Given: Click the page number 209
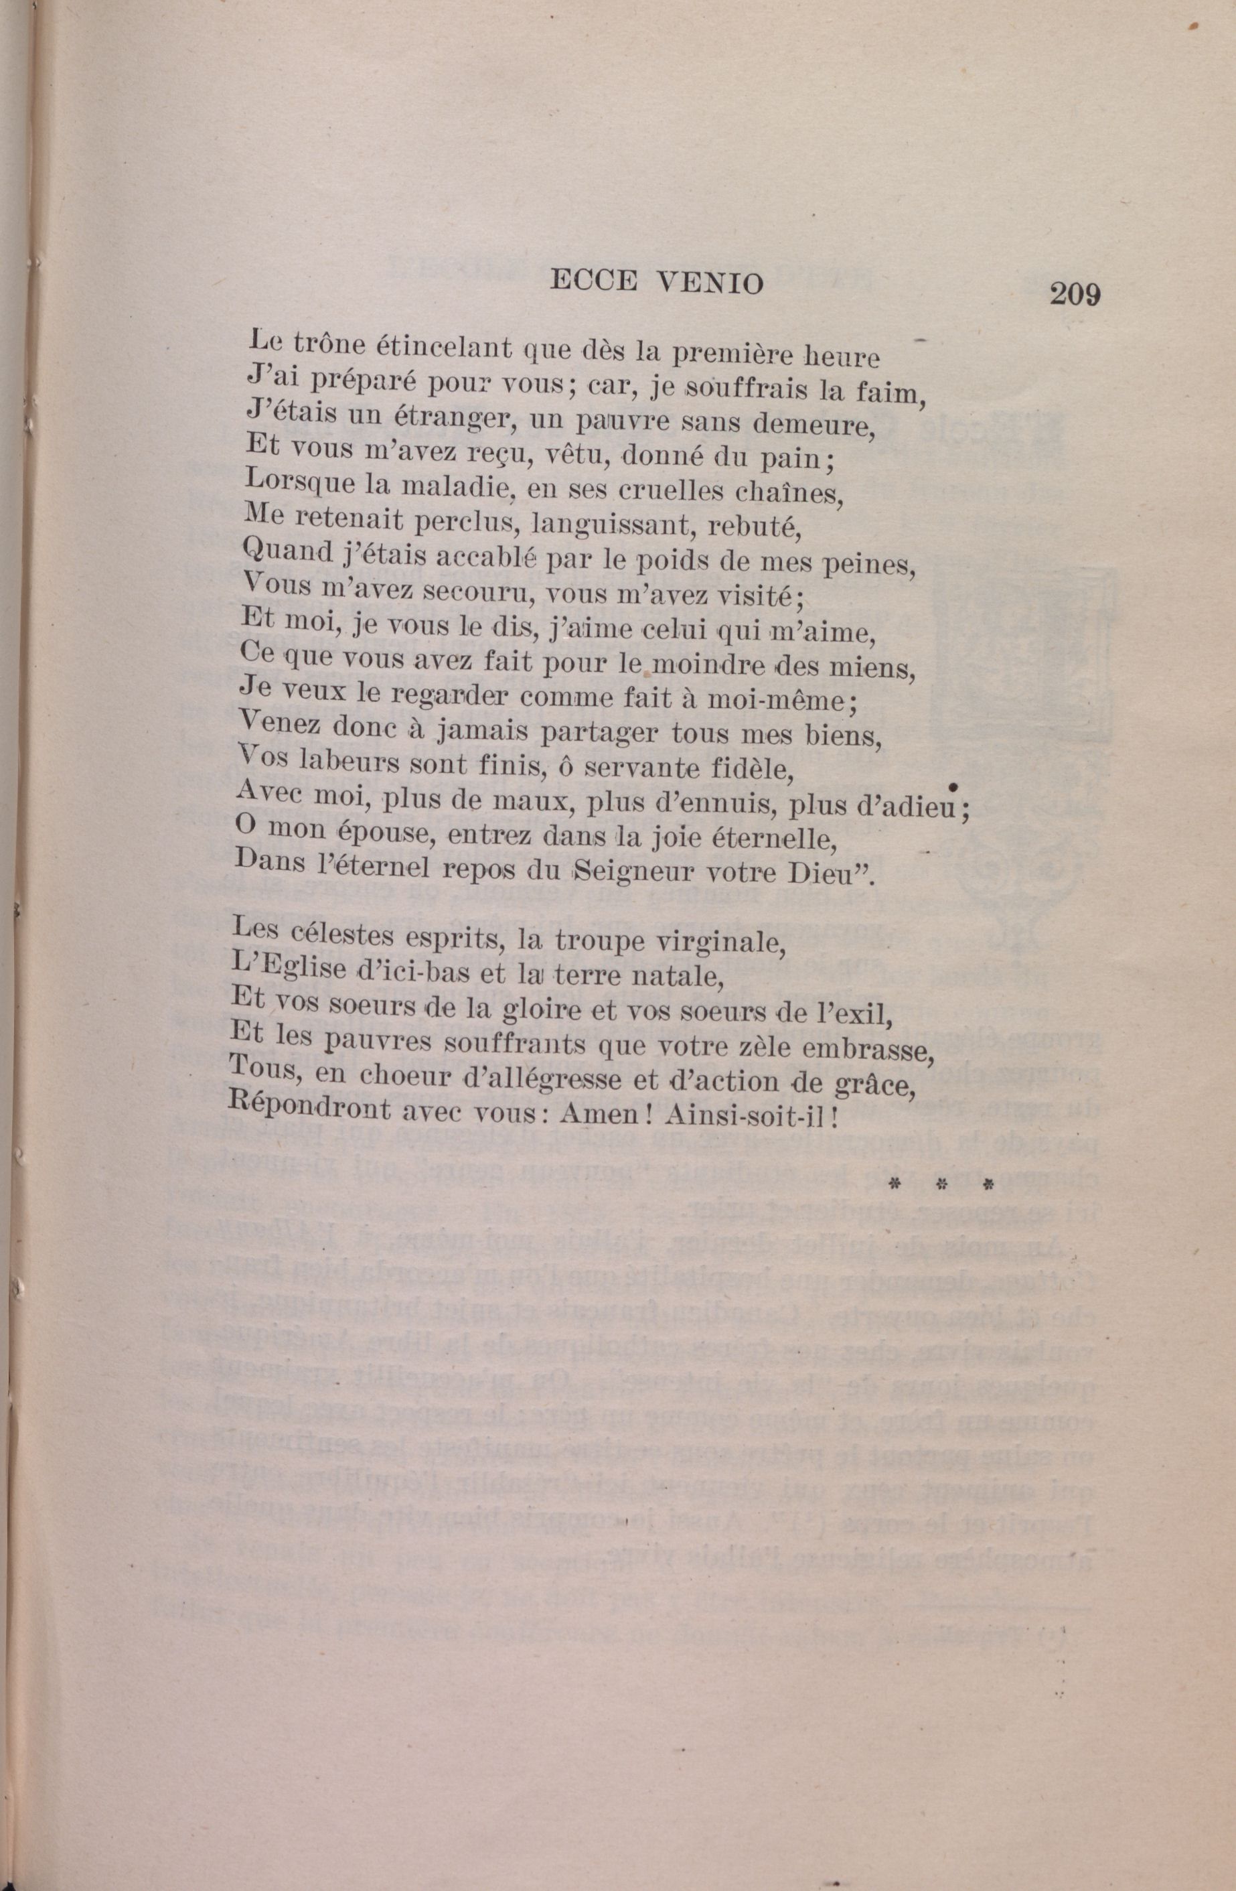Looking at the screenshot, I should coord(1075,295).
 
